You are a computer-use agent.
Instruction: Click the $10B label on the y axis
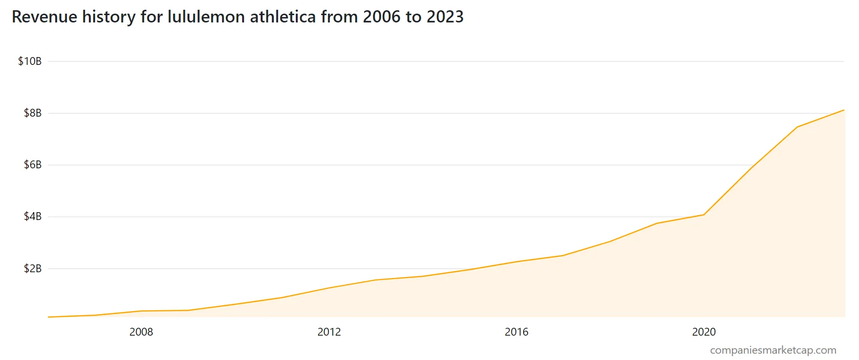point(30,61)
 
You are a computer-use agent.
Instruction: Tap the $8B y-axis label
point(33,113)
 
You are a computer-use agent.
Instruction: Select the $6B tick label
point(33,165)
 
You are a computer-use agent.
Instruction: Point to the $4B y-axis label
point(33,217)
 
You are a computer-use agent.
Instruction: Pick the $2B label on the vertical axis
point(33,269)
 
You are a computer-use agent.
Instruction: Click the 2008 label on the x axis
point(141,332)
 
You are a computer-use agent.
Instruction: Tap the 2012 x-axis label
point(329,332)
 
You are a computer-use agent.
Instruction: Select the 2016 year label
point(516,332)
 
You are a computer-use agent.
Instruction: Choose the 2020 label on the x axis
point(704,332)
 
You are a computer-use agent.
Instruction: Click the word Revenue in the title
point(44,17)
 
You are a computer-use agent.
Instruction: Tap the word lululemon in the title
point(206,17)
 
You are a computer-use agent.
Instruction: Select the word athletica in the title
point(283,17)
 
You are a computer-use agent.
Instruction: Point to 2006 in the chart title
point(382,17)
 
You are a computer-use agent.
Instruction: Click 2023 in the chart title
point(445,17)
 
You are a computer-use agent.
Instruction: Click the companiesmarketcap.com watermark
point(773,350)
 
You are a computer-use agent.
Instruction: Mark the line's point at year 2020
point(704,215)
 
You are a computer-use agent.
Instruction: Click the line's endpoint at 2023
point(844,110)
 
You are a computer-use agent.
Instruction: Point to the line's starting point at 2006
point(48,317)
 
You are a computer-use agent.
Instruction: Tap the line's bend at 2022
point(797,127)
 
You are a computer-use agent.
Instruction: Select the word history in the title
point(108,17)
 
